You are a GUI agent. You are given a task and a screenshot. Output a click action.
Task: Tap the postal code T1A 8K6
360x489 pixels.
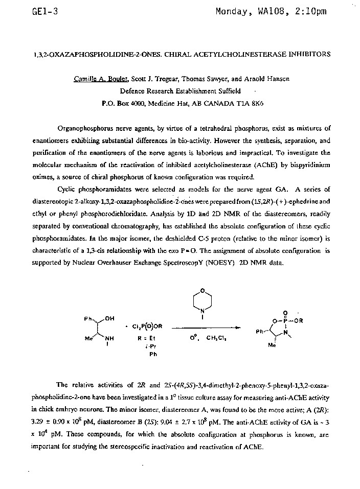point(251,102)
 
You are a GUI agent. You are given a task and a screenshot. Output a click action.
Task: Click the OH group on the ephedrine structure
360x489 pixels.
point(109,319)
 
